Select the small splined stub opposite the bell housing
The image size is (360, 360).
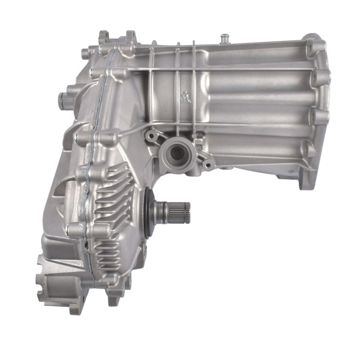click(65, 100)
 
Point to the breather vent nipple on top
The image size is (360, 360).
click(224, 38)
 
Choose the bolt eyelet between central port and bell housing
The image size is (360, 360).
click(208, 163)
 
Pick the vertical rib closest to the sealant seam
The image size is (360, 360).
click(152, 84)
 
